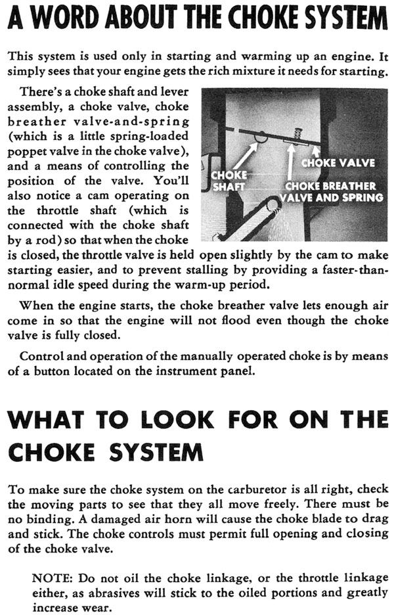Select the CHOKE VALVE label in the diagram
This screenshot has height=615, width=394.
[x=338, y=162]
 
